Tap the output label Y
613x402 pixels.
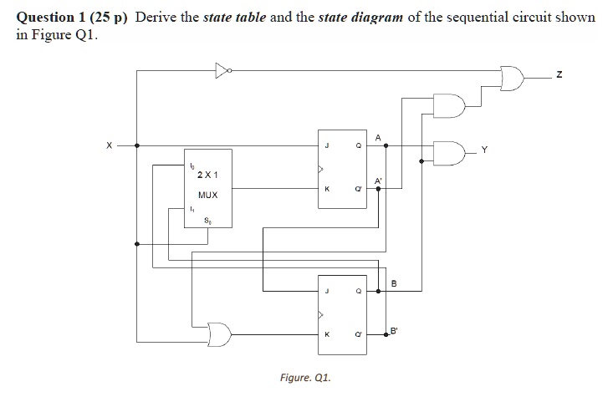click(x=483, y=151)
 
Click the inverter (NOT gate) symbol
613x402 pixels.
click(x=221, y=70)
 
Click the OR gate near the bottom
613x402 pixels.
click(x=219, y=333)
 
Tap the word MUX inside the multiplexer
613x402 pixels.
click(x=207, y=194)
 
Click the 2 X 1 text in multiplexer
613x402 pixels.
click(x=207, y=176)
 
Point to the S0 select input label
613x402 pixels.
click(x=207, y=221)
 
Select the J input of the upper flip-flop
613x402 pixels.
click(x=327, y=145)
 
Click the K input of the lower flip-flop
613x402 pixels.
click(x=327, y=334)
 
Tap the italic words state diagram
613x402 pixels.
click(x=361, y=18)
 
